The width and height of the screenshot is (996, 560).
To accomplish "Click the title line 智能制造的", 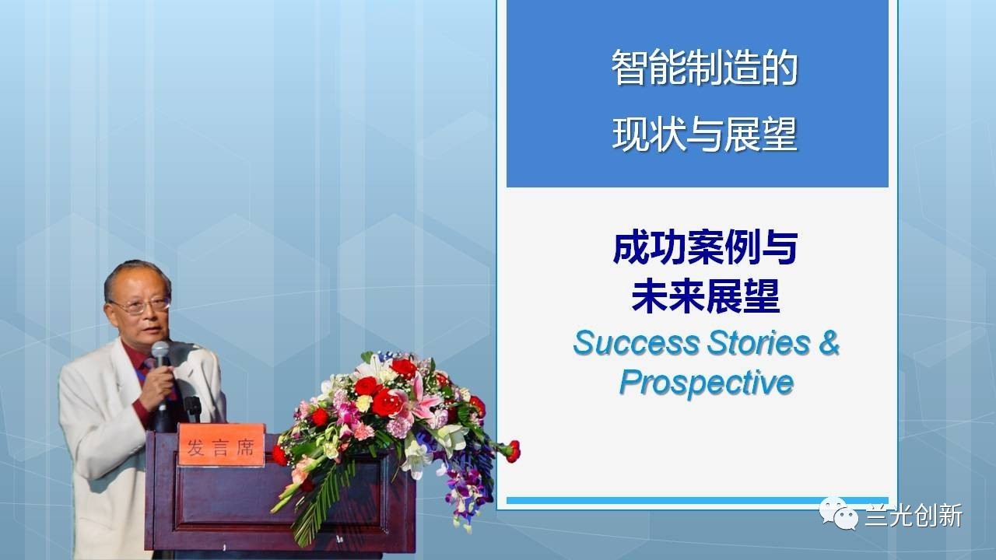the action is coord(704,68).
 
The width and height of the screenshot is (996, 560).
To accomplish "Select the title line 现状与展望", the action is coord(704,135).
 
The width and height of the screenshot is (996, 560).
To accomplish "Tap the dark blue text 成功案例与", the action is coord(705,249).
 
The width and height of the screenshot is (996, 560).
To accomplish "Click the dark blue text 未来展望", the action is coord(705,296).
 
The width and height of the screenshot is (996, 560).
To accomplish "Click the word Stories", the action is coord(759,343).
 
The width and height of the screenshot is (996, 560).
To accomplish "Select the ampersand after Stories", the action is coord(829,343).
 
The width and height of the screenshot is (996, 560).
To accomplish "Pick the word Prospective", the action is coord(707,383).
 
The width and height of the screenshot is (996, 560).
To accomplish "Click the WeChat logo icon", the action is coord(839,513).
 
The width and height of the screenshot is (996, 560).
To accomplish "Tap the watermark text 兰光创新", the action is coord(914,516).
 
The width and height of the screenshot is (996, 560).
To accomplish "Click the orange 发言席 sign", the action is coord(221,445).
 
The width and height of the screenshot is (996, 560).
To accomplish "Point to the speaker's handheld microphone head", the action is coord(160,351).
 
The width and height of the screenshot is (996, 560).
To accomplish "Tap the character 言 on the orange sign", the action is coord(220,447).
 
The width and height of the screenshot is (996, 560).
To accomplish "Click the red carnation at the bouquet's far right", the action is coord(513,450).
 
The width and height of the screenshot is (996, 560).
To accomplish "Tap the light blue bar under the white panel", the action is coord(697,501).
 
